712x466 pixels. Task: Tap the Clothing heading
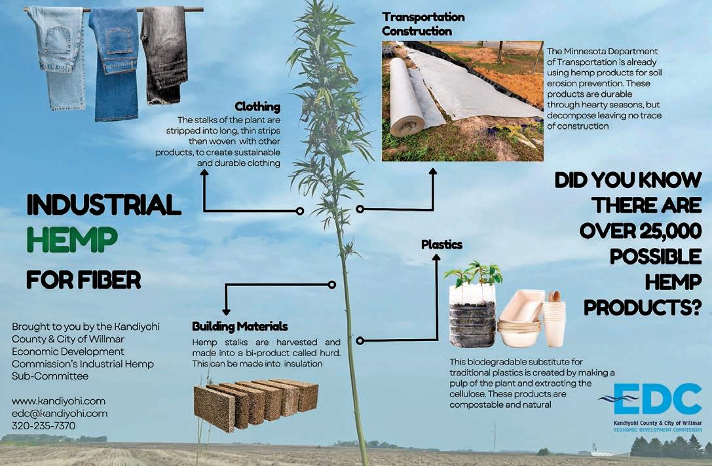pyautogui.click(x=257, y=107)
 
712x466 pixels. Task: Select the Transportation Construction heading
pyautogui.click(x=423, y=24)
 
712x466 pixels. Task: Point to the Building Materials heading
pyautogui.click(x=240, y=326)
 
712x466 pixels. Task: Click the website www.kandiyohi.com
pyautogui.click(x=59, y=401)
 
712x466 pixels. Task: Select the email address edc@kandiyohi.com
pyautogui.click(x=60, y=413)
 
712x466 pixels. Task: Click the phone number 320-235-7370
pyautogui.click(x=44, y=425)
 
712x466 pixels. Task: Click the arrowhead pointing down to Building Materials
pyautogui.click(x=226, y=312)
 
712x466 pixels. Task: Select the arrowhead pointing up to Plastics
pyautogui.click(x=434, y=257)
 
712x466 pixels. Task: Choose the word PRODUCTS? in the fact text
pyautogui.click(x=643, y=306)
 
